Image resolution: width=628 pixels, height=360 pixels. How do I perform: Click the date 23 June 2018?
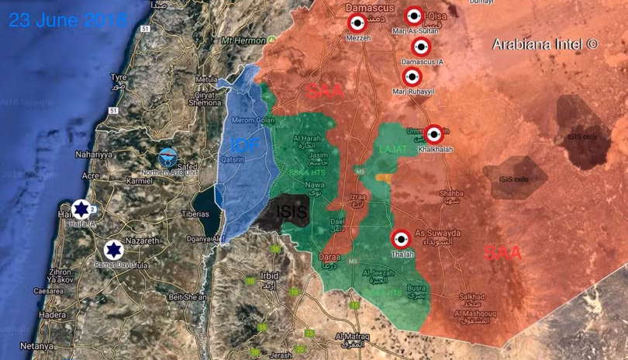point(68,19)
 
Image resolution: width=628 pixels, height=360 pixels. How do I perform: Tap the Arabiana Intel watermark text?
point(545,44)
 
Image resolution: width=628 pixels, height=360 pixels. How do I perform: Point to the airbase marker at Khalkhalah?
point(434,133)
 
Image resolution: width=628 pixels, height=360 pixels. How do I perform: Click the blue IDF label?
point(245,144)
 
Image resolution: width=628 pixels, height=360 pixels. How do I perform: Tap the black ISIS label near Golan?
point(292,210)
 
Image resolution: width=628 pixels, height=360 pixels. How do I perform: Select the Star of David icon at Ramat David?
point(113,250)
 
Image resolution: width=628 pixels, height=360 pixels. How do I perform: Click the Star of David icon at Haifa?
point(81,209)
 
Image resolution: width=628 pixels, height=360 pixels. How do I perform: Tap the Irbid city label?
point(270,275)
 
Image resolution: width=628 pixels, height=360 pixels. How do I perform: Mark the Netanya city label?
point(36,345)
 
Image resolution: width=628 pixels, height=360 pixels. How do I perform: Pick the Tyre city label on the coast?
point(118,78)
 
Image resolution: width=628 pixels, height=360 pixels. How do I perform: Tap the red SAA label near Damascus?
point(324,92)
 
